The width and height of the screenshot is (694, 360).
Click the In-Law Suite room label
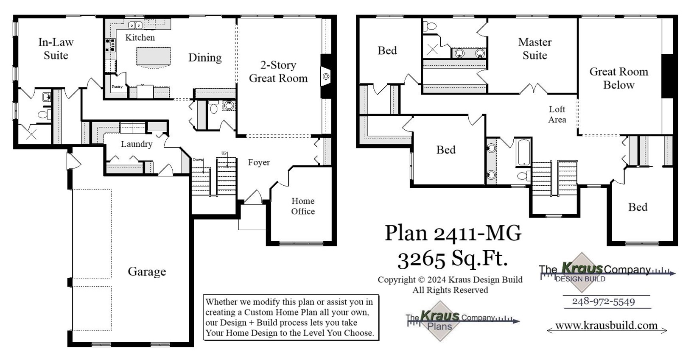point(56,49)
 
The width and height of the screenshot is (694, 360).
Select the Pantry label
point(117,87)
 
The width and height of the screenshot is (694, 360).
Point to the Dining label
point(205,58)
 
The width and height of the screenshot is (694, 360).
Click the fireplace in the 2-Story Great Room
point(326,76)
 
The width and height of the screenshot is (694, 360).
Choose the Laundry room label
point(136,144)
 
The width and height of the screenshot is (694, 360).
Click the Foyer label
point(259,162)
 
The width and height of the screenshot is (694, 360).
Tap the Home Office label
point(302,206)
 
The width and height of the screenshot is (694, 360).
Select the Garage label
point(147,271)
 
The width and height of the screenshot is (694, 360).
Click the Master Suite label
point(534,49)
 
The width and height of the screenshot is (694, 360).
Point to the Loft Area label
point(557,114)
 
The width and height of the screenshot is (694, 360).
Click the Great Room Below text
point(618,78)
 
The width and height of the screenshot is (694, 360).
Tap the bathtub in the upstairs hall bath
point(523,152)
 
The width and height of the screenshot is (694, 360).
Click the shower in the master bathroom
point(432,49)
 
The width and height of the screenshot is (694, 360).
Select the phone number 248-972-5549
point(603,301)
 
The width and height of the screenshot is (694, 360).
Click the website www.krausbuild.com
point(606,326)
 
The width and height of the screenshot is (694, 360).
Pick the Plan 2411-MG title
point(453,233)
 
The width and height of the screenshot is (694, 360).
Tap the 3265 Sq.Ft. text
point(452,258)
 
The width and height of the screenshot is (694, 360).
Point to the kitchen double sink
point(135,25)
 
